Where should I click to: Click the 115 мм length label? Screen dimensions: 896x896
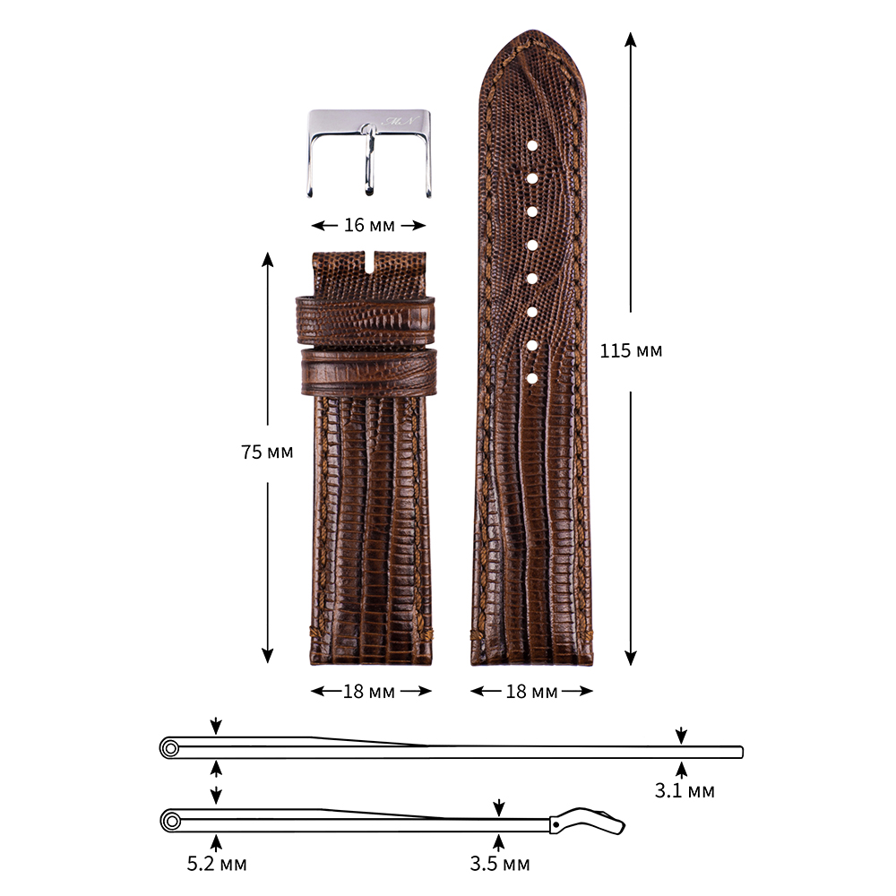tap(631, 350)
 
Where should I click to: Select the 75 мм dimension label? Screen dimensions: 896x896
tap(267, 452)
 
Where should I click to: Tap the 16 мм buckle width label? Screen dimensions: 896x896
tap(369, 225)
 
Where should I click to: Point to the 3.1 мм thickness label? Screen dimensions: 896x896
tap(685, 790)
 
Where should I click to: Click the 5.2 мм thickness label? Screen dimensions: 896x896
tap(217, 864)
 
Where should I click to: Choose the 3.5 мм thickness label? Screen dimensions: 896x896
tap(500, 864)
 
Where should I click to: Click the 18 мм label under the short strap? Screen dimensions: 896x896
tap(369, 692)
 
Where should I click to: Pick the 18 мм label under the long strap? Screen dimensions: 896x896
tap(531, 692)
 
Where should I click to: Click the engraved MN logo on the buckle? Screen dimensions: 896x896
tap(401, 121)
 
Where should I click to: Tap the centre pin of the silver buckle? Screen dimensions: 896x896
tap(370, 160)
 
